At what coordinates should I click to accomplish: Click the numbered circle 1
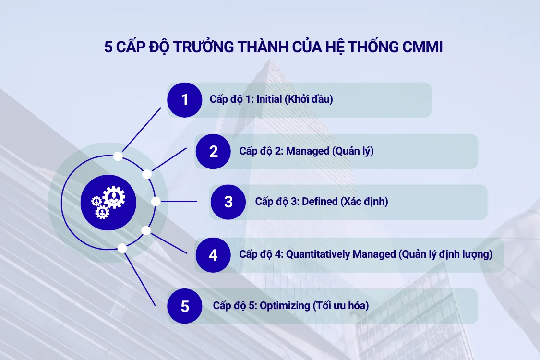185,100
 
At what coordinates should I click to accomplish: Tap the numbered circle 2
214,151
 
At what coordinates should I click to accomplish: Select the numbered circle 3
228,202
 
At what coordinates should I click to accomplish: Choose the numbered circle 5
185,306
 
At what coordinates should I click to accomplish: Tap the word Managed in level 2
308,151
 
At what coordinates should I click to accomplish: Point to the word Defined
320,202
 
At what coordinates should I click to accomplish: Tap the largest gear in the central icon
114,196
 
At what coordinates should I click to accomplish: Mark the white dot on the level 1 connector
118,156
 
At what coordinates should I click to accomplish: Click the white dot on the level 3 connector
156,202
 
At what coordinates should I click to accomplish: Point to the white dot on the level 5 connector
122,248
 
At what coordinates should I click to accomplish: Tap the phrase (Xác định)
364,202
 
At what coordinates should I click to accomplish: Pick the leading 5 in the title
109,48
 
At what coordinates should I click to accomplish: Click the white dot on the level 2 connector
147,174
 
